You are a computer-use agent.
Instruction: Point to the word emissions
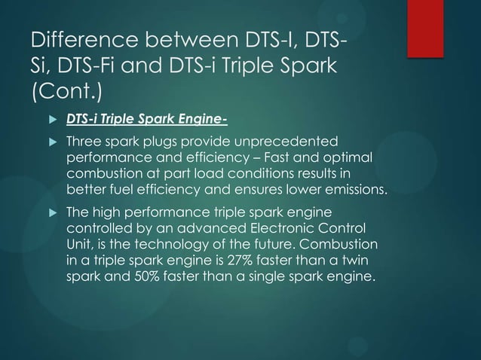(x=358, y=188)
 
